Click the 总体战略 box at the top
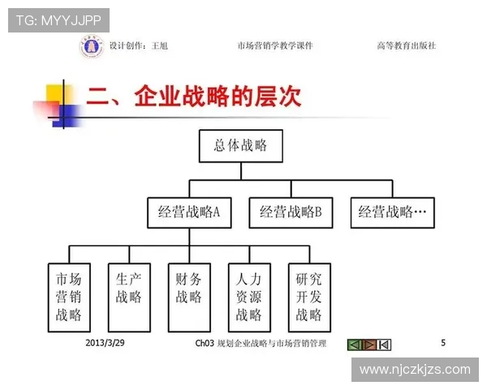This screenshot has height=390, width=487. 240,146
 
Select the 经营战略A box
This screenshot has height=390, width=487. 189,213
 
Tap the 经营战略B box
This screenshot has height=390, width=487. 291,213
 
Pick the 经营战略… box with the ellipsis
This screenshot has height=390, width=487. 392,213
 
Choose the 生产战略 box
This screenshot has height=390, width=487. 129,297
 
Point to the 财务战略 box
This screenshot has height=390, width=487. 189,297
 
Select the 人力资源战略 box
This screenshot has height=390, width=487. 249,297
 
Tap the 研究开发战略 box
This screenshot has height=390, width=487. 309,297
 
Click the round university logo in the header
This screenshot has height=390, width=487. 91,46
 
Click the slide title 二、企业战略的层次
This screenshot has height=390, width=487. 194,97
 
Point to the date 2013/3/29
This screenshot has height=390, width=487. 105,343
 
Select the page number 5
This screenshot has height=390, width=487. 443,343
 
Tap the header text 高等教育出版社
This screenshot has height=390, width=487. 406,46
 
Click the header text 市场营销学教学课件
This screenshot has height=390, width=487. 275,46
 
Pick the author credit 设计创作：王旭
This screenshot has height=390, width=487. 139,46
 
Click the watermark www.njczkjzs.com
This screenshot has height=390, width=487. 415,370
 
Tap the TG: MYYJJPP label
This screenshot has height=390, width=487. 58,20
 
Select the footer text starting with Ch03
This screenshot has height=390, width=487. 261,344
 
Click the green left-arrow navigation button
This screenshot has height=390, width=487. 353,344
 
